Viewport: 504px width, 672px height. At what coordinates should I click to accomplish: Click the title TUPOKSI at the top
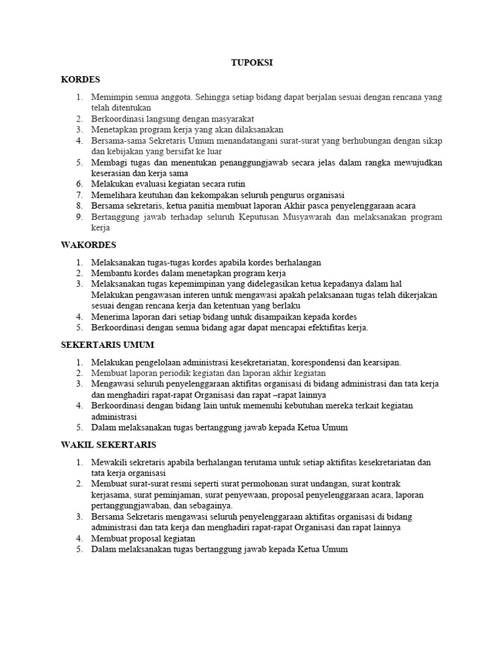tap(252, 62)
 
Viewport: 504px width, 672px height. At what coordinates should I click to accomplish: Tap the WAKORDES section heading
tap(89, 245)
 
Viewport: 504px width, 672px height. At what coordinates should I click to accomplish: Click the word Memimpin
tap(110, 97)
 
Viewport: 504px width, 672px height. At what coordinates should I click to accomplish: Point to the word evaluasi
tap(147, 184)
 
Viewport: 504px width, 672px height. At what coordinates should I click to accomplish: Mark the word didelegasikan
tap(243, 284)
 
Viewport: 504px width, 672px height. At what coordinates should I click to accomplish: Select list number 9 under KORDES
tap(79, 217)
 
